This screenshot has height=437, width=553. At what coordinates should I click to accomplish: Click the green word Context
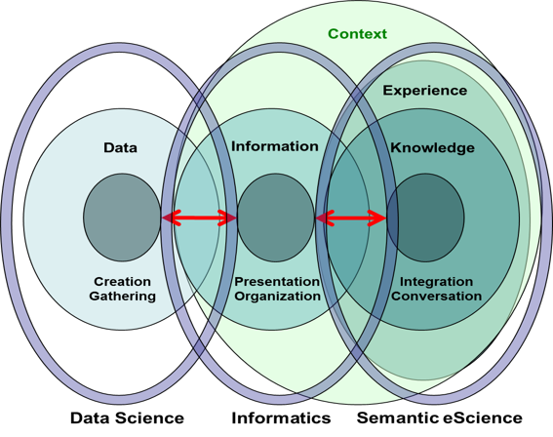357,34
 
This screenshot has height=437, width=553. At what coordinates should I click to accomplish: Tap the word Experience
425,91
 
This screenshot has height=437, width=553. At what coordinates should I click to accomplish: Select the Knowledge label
432,148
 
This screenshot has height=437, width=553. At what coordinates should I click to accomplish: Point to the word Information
275,146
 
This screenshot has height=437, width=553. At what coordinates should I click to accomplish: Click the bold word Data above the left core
120,147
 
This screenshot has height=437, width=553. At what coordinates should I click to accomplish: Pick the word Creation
122,282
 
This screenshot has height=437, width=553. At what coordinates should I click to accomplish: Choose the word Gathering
122,296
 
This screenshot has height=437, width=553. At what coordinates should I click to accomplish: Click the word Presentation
277,282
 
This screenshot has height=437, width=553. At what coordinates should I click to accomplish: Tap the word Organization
278,297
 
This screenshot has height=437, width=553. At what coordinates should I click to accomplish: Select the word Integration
436,282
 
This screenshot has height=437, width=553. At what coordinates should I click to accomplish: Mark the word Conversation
436,296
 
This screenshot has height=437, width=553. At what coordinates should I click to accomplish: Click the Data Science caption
127,418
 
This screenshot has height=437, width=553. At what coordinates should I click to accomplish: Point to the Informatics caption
281,418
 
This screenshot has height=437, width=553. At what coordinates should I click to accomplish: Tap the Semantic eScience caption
440,417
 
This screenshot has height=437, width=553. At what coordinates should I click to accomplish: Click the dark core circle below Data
122,218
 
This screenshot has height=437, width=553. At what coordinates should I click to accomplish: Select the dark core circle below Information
275,218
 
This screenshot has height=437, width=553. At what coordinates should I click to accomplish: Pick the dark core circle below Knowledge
425,218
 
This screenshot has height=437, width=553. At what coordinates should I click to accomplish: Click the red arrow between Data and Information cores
199,218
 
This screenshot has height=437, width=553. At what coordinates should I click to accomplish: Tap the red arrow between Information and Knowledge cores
350,218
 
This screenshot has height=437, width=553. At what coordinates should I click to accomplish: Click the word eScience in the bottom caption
483,417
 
